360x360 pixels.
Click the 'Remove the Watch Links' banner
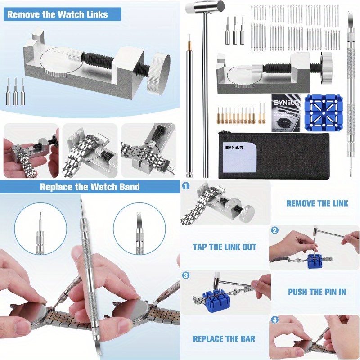(58, 14)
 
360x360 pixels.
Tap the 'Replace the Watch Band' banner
(90, 187)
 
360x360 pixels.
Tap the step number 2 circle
(275, 230)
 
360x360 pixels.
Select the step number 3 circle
(186, 275)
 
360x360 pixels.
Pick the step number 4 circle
(275, 320)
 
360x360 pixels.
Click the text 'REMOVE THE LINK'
(317, 203)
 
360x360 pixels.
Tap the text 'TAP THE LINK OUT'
(225, 247)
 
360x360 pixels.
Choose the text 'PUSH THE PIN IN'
(317, 292)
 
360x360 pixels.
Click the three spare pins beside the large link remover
(15, 91)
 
